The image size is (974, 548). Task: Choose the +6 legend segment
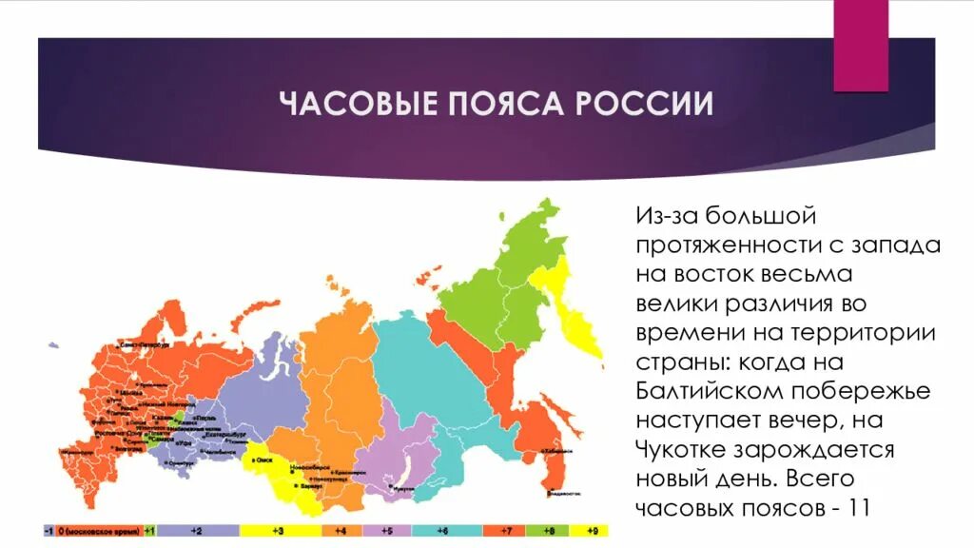pyautogui.click(x=442, y=529)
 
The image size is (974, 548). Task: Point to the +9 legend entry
pyautogui.click(x=592, y=529)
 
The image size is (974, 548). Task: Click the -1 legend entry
pyautogui.click(x=48, y=529)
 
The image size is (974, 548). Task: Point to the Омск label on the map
pyautogui.click(x=263, y=460)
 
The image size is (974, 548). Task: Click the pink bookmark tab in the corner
pyautogui.click(x=861, y=43)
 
